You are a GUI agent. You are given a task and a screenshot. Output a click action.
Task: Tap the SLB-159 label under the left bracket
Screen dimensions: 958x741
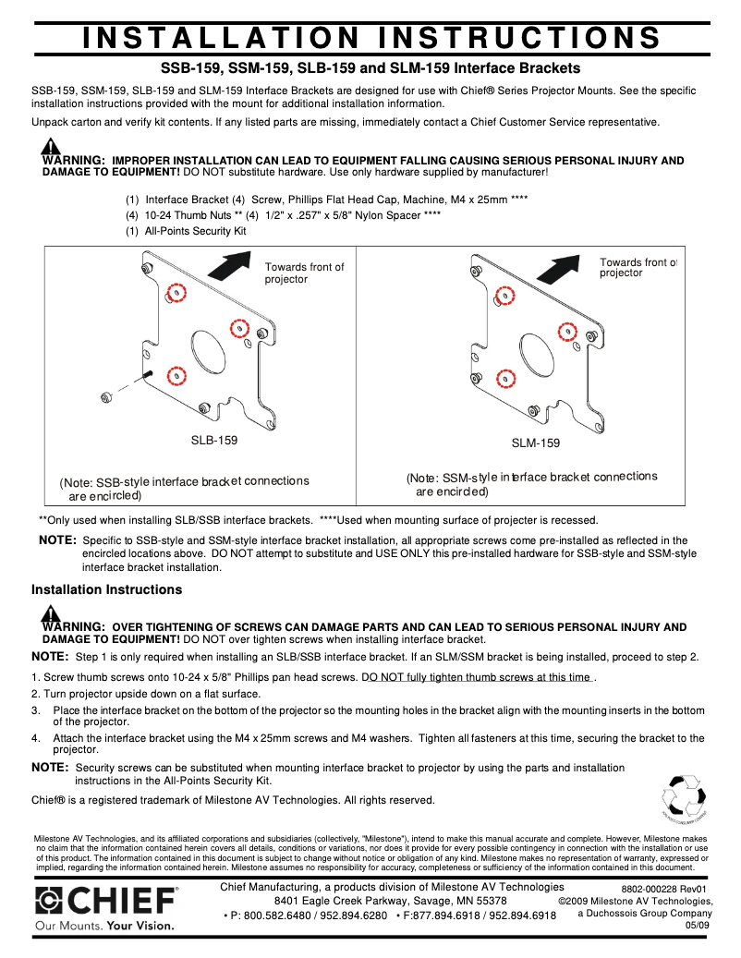coord(214,441)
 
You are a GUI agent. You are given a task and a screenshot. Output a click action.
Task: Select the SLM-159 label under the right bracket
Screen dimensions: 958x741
coord(536,443)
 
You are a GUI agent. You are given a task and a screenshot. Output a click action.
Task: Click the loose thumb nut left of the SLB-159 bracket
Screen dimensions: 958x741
coord(107,396)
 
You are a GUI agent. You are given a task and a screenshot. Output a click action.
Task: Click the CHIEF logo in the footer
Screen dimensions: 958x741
coord(106,902)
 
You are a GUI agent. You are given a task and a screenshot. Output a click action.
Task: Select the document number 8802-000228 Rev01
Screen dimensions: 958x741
coord(662,888)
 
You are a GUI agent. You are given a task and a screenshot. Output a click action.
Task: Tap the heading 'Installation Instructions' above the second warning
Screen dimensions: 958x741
coord(107,589)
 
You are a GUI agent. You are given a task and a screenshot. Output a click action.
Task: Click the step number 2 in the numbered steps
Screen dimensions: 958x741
coord(35,694)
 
